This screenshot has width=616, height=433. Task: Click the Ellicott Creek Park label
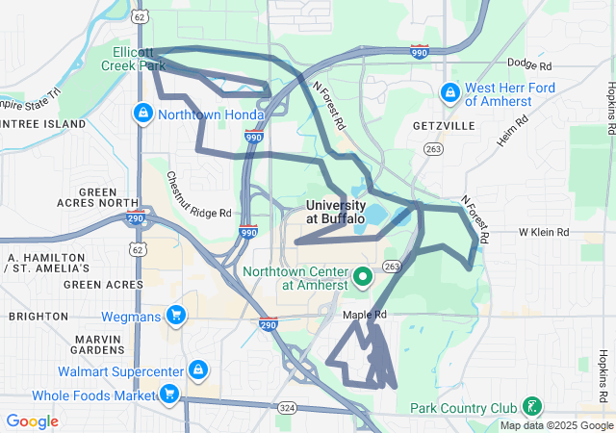tap(133, 59)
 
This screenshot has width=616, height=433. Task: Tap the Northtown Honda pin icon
tap(143, 114)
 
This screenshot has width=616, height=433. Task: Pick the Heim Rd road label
tap(513, 133)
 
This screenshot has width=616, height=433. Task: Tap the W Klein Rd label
tap(546, 233)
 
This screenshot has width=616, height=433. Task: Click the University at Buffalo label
tap(336, 212)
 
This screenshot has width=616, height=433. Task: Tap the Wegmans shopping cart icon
tap(175, 315)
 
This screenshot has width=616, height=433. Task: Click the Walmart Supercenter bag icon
tap(197, 370)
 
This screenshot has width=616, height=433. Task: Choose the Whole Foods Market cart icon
tap(168, 394)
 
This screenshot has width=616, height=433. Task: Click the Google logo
tap(32, 421)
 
